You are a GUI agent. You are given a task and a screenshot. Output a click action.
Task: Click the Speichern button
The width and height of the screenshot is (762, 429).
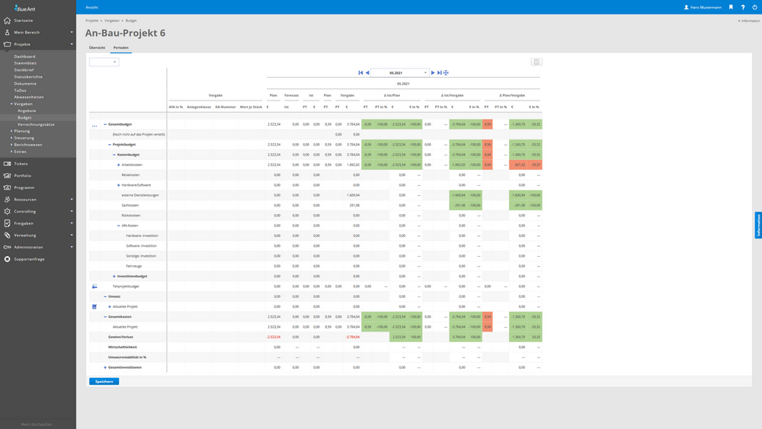tap(104, 381)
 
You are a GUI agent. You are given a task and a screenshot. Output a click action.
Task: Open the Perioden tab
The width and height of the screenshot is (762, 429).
tap(121, 47)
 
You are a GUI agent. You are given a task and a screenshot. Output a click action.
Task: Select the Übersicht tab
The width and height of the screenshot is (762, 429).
tap(97, 47)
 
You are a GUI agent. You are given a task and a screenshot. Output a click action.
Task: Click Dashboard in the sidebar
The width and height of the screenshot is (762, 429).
tap(24, 56)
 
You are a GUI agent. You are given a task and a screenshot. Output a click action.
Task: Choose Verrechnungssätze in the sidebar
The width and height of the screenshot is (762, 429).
tap(36, 124)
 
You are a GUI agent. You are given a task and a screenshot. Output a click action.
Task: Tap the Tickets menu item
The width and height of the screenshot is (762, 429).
tap(21, 164)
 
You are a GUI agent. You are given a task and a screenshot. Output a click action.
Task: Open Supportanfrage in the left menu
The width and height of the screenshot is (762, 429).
tap(29, 259)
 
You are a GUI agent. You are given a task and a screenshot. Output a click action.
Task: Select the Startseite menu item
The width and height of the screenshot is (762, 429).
tap(23, 21)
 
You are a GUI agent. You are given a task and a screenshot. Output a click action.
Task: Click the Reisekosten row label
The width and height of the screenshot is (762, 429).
tap(130, 174)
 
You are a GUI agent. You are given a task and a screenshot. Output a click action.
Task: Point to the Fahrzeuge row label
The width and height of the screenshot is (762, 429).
tap(133, 266)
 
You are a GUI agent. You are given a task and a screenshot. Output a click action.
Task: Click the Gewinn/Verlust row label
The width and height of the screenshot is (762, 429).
tap(120, 337)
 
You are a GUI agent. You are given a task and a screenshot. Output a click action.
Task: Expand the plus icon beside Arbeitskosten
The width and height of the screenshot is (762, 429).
tap(118, 165)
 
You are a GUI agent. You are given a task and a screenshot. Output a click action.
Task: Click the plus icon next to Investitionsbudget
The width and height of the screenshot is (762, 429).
tap(114, 277)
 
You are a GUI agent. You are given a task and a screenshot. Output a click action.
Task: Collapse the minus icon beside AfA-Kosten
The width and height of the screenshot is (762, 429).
tap(118, 226)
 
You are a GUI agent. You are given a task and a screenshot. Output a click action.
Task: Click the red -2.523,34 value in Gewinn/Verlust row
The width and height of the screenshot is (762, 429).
tap(274, 337)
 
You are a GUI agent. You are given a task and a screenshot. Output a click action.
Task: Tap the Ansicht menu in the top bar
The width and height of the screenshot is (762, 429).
tap(91, 7)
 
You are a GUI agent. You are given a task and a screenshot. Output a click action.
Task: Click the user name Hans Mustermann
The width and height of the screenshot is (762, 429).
tap(706, 7)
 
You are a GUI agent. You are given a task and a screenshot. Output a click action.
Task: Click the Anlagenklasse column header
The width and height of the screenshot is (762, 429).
tap(199, 107)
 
